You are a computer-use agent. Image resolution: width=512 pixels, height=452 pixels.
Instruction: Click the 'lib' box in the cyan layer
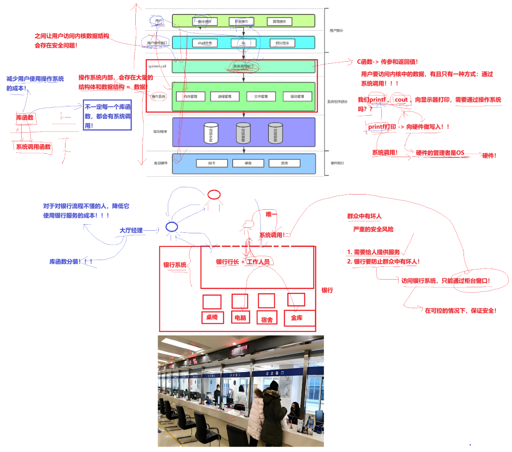click(x=243, y=43)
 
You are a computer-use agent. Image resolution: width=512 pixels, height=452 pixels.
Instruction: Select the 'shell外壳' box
click(x=205, y=43)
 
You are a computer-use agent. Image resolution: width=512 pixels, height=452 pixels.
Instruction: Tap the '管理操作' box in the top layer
click(x=279, y=21)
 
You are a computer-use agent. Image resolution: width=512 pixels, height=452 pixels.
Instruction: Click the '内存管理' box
click(x=190, y=97)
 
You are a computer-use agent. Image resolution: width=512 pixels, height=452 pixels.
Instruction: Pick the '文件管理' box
click(x=261, y=97)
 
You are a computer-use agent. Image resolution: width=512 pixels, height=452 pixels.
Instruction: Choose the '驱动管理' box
click(x=297, y=97)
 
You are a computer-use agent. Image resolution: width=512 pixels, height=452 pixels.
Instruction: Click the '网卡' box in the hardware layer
click(x=212, y=163)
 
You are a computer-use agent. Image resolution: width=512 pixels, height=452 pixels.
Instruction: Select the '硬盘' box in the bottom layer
click(x=248, y=163)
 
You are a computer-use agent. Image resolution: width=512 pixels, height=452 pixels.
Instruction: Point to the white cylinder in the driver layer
click(x=211, y=133)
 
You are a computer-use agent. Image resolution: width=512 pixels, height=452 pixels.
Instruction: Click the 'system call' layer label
click(x=157, y=66)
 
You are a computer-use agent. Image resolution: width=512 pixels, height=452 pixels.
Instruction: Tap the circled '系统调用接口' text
click(x=243, y=66)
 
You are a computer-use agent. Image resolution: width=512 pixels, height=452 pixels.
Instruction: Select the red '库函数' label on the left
click(x=25, y=117)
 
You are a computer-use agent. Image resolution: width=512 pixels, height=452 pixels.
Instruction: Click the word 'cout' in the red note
click(x=401, y=100)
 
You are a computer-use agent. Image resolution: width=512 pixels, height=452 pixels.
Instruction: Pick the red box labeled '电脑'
click(x=240, y=318)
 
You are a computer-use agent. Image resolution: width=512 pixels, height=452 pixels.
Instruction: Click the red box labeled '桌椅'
click(x=212, y=317)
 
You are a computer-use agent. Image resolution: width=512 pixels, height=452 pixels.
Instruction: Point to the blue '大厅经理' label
click(x=131, y=230)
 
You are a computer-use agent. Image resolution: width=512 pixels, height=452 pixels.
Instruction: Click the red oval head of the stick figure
click(x=214, y=195)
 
